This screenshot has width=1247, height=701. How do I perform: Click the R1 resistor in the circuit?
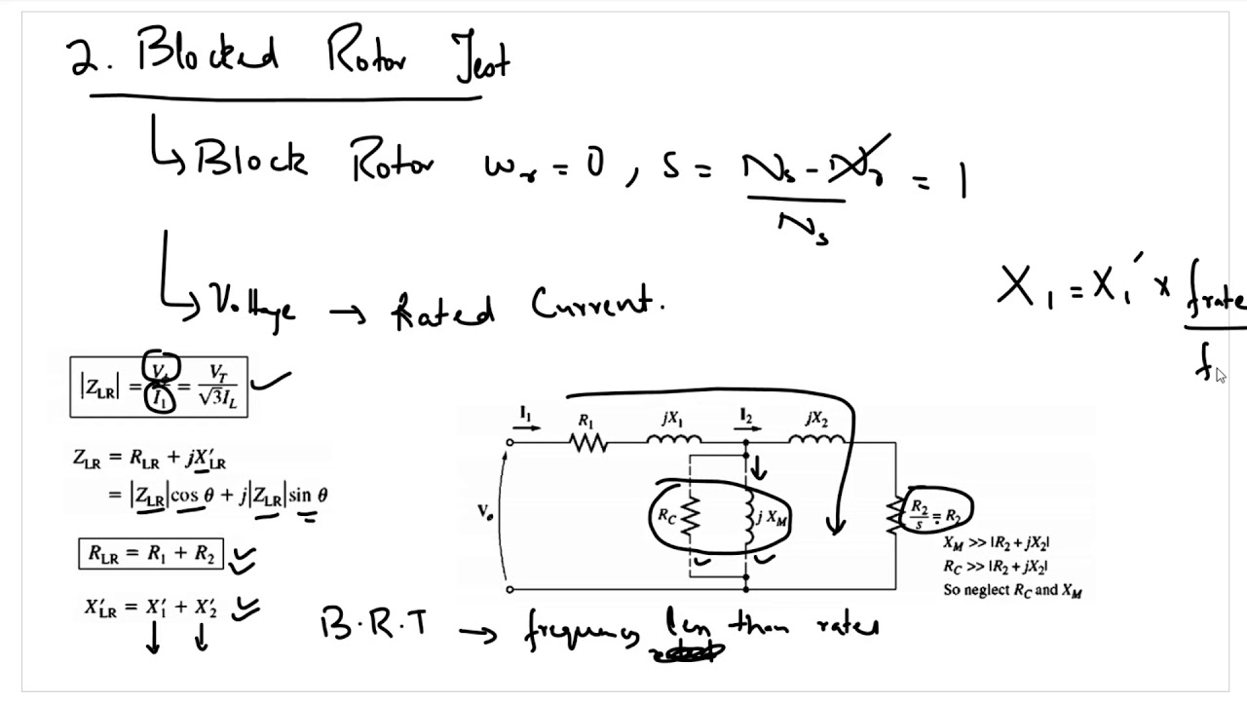pyautogui.click(x=587, y=443)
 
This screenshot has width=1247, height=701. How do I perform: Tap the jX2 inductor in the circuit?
pyautogui.click(x=816, y=443)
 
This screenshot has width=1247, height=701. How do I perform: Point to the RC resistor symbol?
pyautogui.click(x=690, y=518)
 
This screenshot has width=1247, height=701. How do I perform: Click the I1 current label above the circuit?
pyautogui.click(x=525, y=417)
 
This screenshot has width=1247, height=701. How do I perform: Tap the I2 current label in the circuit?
pyautogui.click(x=746, y=418)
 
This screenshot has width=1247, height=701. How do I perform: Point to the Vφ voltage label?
pyautogui.click(x=485, y=510)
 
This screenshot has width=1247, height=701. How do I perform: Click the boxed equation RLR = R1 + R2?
pyautogui.click(x=151, y=554)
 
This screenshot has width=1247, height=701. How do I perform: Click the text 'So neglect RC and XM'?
pyautogui.click(x=1012, y=590)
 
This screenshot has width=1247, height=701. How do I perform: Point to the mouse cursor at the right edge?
pyautogui.click(x=1221, y=376)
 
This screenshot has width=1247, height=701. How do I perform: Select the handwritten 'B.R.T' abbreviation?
pyautogui.click(x=374, y=624)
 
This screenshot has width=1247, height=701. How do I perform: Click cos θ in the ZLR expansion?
pyautogui.click(x=193, y=496)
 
